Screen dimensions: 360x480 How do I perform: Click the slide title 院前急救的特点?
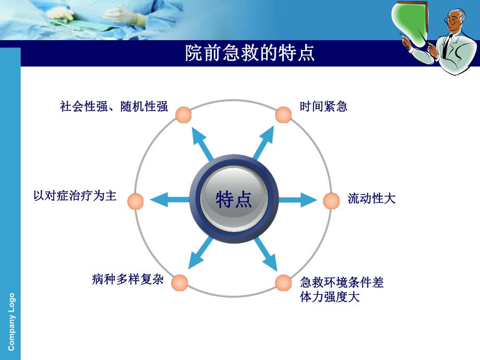[x=250, y=53]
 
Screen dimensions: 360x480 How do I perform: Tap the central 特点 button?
[x=234, y=199]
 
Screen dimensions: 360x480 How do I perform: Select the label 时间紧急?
[x=323, y=107]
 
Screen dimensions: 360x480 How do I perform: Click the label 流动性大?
[x=371, y=199]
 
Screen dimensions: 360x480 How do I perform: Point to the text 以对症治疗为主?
[x=75, y=196]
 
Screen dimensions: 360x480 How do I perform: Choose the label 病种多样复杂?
[x=128, y=280]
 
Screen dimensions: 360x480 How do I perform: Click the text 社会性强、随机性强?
[x=114, y=107]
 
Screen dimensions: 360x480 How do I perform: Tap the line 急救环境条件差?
[x=342, y=283]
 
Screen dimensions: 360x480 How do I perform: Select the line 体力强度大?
[x=330, y=298]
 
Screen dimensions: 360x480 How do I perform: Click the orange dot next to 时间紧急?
[x=283, y=115]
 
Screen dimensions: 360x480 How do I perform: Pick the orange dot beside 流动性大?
[x=331, y=200]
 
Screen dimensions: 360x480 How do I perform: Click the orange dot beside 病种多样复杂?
[x=179, y=282]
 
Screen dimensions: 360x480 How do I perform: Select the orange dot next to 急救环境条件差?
[x=283, y=282]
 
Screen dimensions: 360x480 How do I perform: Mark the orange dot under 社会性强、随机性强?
[x=183, y=115]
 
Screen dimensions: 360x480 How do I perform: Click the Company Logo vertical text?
[x=11, y=321]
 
